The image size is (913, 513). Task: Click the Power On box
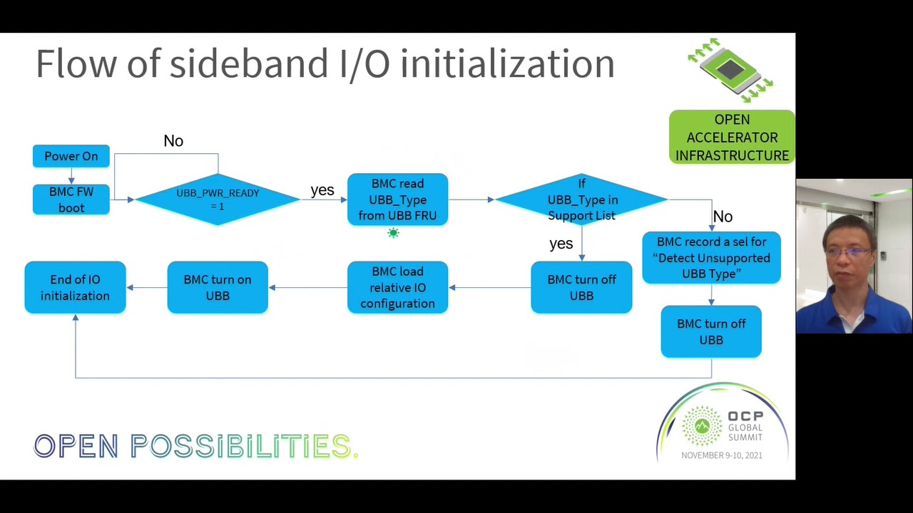click(71, 156)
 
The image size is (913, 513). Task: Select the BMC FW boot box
click(71, 199)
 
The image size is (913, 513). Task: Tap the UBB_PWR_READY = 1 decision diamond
click(218, 199)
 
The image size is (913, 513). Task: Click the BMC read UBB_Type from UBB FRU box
click(397, 199)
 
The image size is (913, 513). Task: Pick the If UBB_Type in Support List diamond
click(581, 199)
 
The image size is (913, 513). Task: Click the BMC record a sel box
click(711, 258)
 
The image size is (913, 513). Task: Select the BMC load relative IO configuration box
click(397, 287)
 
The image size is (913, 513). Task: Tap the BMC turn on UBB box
click(218, 287)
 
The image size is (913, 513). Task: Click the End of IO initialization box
click(75, 287)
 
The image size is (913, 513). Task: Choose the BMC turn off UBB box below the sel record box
click(711, 331)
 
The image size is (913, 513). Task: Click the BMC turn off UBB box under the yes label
click(581, 287)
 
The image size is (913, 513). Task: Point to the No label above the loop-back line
click(173, 141)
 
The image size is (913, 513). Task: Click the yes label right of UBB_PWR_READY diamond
click(322, 190)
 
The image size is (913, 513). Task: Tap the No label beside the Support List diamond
click(723, 217)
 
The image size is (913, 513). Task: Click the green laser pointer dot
click(393, 233)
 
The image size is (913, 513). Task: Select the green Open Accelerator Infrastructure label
click(732, 138)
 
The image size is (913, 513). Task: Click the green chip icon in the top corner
click(730, 70)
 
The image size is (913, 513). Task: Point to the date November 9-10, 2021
click(721, 455)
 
